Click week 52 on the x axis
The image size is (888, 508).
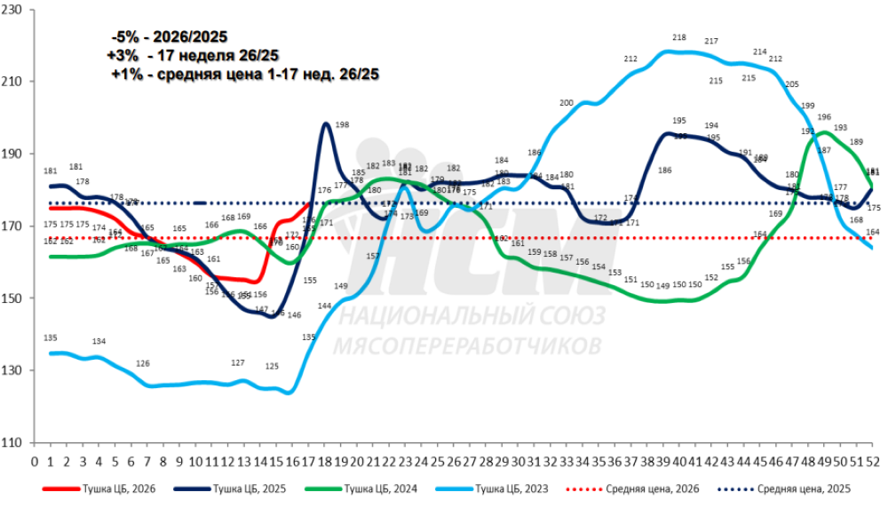tap(875, 462)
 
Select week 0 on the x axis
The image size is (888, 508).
tap(35, 462)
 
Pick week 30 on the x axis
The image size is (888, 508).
tap(519, 462)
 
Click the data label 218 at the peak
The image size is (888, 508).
tap(680, 37)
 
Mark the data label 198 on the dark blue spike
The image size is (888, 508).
tap(343, 124)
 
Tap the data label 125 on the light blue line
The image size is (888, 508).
tap(272, 366)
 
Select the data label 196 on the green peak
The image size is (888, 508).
tap(824, 117)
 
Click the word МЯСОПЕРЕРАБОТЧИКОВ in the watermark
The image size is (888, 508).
tap(466, 345)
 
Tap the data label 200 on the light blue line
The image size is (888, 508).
tap(567, 104)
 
